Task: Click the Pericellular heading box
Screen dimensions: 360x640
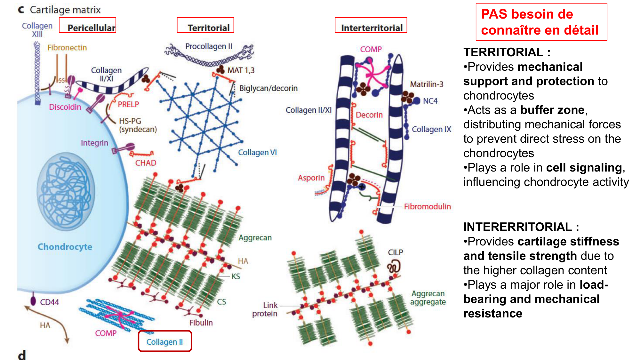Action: pos(88,25)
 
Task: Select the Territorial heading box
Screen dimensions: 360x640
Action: pos(205,25)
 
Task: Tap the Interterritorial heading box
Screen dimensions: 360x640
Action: pos(371,25)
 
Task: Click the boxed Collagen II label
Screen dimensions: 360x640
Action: pos(165,341)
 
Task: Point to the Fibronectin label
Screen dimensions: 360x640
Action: pos(67,48)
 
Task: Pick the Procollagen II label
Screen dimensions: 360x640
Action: pos(209,46)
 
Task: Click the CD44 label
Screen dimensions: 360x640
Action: pos(49,302)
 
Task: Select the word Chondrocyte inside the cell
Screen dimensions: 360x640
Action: pos(65,247)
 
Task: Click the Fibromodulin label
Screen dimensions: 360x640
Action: pos(427,207)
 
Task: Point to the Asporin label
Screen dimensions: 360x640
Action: pos(311,178)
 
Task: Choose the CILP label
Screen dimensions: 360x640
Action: pos(396,252)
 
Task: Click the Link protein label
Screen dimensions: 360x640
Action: pos(265,309)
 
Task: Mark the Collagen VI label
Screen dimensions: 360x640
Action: pos(257,153)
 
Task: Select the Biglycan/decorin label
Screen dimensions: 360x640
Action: pos(268,88)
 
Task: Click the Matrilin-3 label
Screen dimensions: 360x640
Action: pos(427,84)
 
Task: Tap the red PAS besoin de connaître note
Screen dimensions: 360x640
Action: pos(541,22)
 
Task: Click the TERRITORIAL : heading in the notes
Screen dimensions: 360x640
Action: pos(507,52)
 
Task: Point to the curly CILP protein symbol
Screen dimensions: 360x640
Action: pos(394,267)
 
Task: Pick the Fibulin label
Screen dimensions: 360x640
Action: pos(201,323)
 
